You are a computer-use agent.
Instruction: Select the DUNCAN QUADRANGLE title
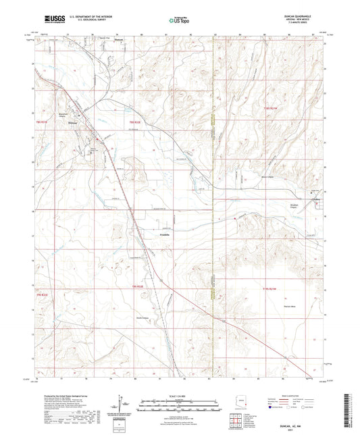click(307, 16)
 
